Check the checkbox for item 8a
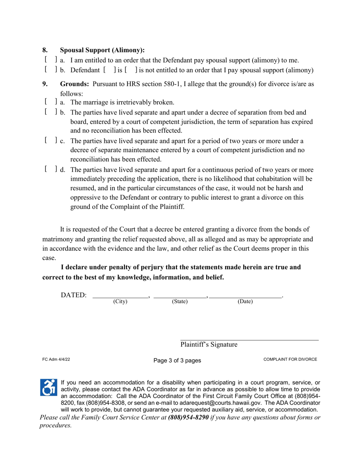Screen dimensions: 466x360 pos(50,59)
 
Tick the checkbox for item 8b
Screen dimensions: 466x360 pos(50,69)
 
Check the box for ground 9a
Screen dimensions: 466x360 pos(50,102)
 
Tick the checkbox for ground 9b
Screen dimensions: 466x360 pos(50,112)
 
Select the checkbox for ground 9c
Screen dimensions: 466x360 pos(50,141)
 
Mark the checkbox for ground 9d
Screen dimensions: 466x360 pos(50,169)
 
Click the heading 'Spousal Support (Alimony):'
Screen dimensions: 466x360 pos(102,50)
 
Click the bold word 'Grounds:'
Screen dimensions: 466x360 pos(75,84)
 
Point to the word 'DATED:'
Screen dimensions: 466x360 pos(74,295)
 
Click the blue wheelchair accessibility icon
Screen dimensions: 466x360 pos(48,388)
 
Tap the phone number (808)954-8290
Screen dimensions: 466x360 pos(188,418)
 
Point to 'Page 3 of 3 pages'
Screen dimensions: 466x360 pos(177,360)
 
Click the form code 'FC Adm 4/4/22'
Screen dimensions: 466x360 pos(56,360)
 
